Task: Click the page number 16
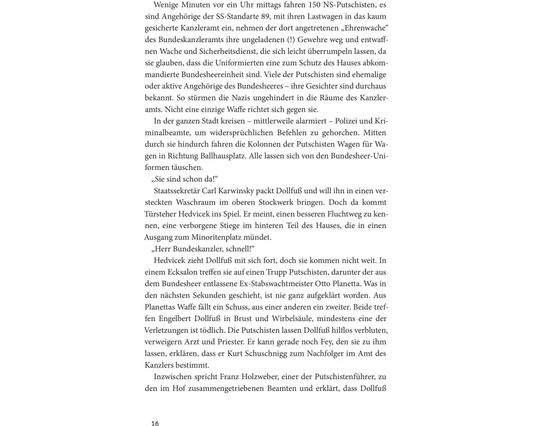155,423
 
